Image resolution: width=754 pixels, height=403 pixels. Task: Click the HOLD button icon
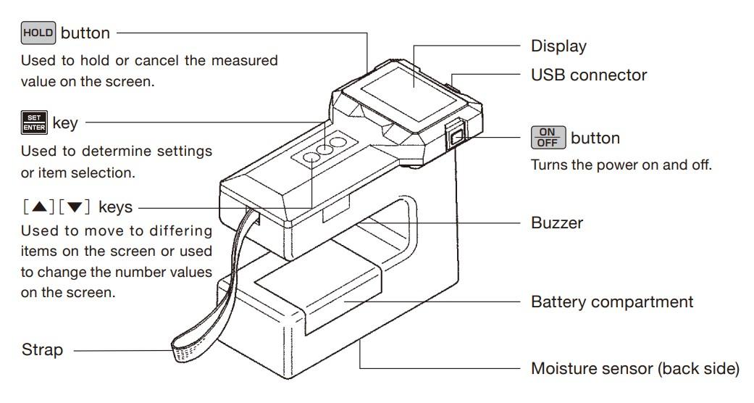[x=38, y=33]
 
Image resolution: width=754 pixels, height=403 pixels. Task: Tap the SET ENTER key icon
[x=34, y=122]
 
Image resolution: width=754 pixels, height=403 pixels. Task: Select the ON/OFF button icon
[x=548, y=138]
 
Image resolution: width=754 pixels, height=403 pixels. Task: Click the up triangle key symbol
[x=39, y=207]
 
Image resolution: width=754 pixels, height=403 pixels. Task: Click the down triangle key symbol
[x=75, y=207]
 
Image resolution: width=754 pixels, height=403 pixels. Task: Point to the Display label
[x=558, y=46]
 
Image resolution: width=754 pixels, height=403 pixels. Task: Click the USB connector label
[x=589, y=75]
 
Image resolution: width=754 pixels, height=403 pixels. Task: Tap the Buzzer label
[x=557, y=223]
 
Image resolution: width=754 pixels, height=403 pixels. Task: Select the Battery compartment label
[x=611, y=302]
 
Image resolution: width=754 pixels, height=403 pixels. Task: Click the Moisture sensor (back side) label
[x=634, y=369]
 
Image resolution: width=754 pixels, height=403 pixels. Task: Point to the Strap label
[x=42, y=349]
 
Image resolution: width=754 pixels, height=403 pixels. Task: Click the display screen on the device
[x=409, y=95]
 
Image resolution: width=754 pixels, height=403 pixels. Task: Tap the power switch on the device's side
[x=456, y=138]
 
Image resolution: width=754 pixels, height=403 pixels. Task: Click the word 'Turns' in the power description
[x=548, y=165]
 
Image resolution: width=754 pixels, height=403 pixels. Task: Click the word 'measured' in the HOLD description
[x=245, y=61]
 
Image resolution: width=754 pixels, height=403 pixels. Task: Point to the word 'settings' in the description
[x=185, y=151]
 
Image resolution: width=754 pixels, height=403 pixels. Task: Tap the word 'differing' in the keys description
[x=181, y=231]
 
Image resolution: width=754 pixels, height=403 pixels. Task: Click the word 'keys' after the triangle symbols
[x=115, y=207]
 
